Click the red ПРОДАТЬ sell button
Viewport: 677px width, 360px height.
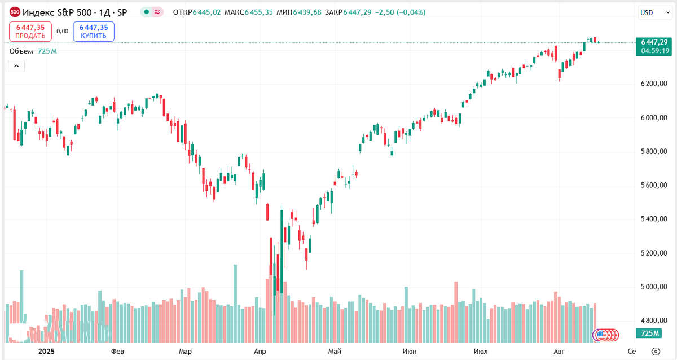tap(30, 31)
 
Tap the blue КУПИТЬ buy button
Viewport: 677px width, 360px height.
tap(94, 31)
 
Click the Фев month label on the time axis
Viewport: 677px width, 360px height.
tap(117, 351)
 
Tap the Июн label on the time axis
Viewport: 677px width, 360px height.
tap(410, 351)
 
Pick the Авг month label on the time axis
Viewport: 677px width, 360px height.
tap(559, 351)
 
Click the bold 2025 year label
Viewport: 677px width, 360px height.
tap(47, 351)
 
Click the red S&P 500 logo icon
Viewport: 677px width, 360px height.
tap(15, 12)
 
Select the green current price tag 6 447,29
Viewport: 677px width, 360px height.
tap(655, 42)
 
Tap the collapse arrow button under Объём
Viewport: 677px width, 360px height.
tap(16, 66)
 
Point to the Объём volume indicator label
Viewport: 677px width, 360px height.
tap(22, 51)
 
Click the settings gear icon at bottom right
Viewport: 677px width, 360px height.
tap(655, 351)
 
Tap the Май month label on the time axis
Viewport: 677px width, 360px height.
tap(335, 351)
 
